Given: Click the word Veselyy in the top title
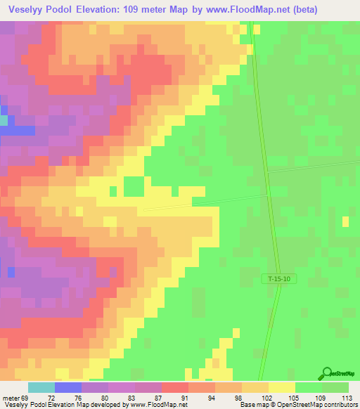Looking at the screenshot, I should click(25, 10).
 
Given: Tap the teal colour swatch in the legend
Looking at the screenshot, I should click(41, 387).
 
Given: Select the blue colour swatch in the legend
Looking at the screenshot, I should click(67, 387).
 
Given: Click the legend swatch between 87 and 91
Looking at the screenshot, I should click(174, 387).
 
